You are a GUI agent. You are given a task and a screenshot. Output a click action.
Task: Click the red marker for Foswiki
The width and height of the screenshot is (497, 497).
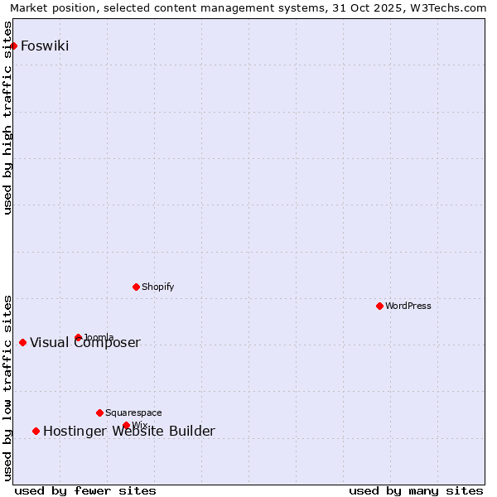pyautogui.click(x=14, y=46)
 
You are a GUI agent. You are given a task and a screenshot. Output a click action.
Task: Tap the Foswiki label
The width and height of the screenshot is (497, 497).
pyautogui.click(x=45, y=46)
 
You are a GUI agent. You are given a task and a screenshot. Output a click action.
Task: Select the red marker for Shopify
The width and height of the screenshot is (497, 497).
pyautogui.click(x=136, y=287)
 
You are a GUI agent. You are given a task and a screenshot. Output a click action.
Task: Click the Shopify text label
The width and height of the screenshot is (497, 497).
pyautogui.click(x=157, y=287)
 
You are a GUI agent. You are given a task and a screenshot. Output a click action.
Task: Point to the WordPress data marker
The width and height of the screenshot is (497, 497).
pyautogui.click(x=379, y=306)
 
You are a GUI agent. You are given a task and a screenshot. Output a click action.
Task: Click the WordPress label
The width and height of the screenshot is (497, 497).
pyautogui.click(x=408, y=306)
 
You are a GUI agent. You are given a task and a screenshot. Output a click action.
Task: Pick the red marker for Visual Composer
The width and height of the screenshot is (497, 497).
pyautogui.click(x=22, y=342)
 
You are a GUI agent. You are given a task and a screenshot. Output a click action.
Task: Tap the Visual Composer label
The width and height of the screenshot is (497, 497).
pyautogui.click(x=85, y=343)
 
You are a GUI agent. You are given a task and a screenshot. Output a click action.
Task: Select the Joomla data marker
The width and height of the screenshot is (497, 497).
pyautogui.click(x=78, y=337)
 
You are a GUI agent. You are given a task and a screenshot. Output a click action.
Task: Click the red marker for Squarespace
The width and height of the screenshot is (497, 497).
pyautogui.click(x=99, y=413)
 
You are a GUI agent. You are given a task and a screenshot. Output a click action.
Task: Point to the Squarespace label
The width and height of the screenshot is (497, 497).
pyautogui.click(x=133, y=413)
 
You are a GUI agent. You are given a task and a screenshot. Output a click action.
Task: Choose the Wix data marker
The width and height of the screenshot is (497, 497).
pyautogui.click(x=126, y=425)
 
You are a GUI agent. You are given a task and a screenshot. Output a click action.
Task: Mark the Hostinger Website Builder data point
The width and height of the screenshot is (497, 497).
pyautogui.click(x=36, y=431)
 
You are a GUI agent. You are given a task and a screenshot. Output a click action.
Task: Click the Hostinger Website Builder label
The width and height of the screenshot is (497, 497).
pyautogui.click(x=129, y=431)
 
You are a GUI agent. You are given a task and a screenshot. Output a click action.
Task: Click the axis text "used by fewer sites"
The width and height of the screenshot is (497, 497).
pyautogui.click(x=85, y=490)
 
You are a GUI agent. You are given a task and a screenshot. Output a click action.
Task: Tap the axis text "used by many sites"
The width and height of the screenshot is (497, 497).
pyautogui.click(x=416, y=490)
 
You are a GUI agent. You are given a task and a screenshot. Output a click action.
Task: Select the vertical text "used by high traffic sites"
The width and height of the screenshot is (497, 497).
pyautogui.click(x=8, y=118)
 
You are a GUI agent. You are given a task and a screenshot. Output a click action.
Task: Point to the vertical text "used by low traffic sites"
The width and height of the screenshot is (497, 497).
pyautogui.click(x=8, y=387)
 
